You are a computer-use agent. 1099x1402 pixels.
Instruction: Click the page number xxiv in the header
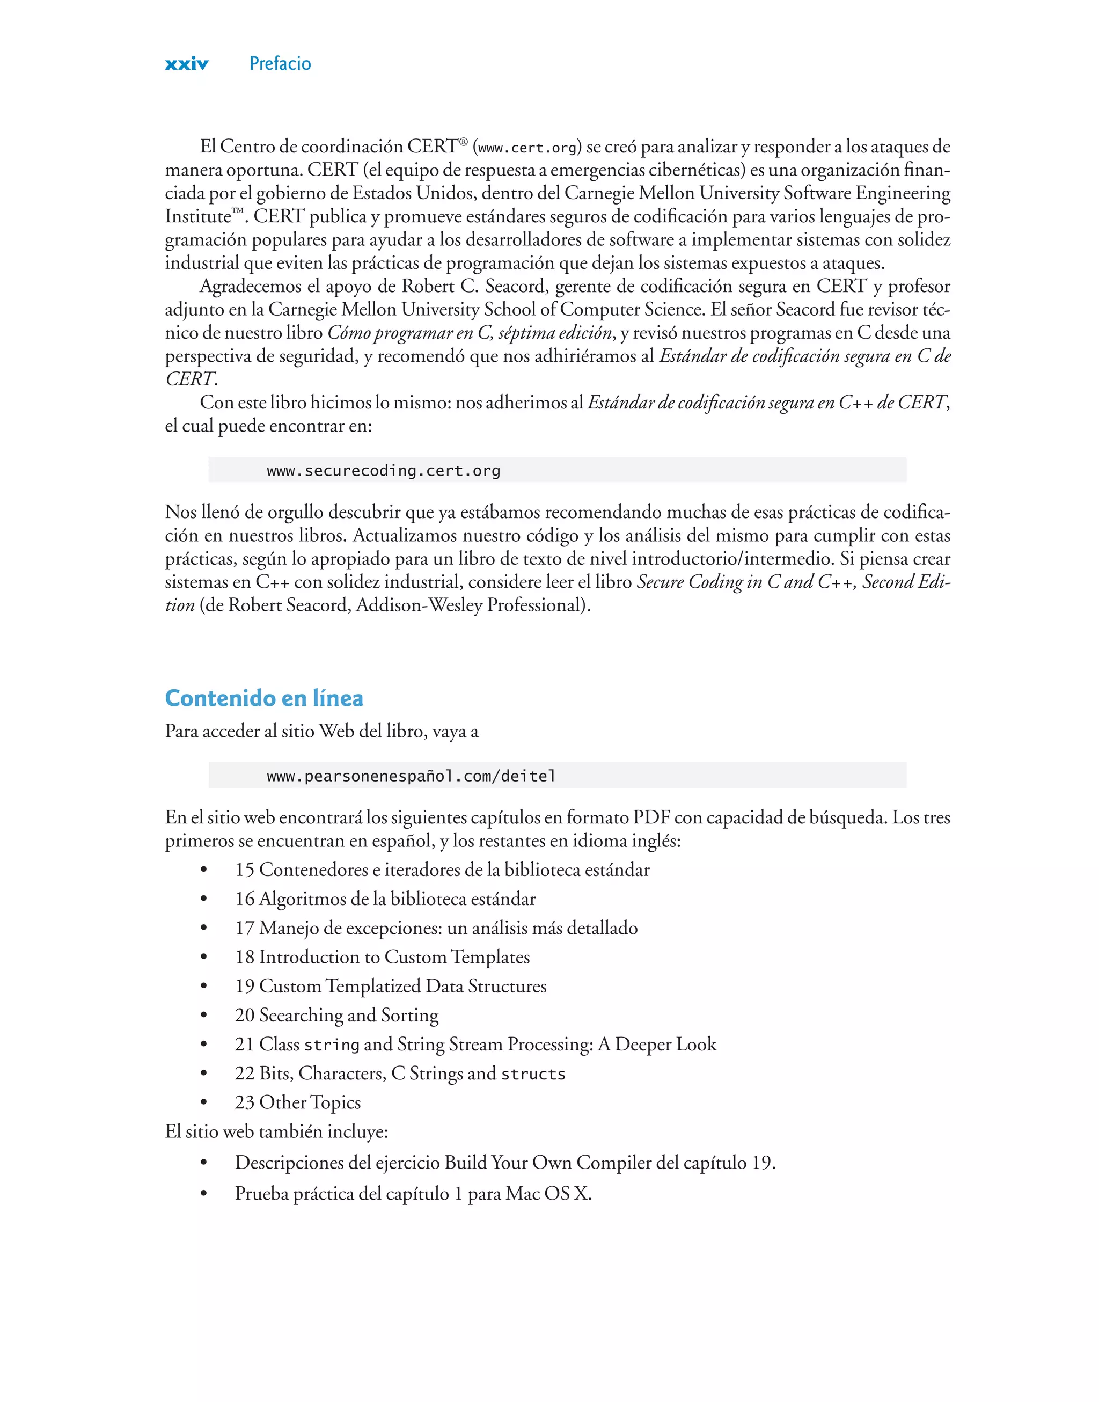click(187, 64)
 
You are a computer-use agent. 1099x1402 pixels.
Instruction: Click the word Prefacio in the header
click(280, 64)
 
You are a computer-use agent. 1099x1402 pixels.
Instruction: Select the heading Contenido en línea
click(264, 698)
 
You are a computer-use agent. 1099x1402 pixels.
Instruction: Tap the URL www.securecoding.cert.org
click(384, 470)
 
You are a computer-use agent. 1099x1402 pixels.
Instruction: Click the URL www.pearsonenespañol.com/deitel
click(411, 776)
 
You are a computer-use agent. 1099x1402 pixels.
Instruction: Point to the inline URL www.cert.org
click(527, 148)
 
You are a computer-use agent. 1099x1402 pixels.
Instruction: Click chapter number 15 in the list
click(245, 870)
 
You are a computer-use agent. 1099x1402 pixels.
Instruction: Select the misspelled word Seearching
click(301, 1016)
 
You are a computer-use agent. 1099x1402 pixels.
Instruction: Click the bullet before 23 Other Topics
click(204, 1103)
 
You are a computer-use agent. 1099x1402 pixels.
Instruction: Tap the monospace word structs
click(533, 1074)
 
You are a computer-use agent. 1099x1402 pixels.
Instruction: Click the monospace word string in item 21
click(332, 1045)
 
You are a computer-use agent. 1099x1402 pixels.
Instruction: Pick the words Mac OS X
click(548, 1194)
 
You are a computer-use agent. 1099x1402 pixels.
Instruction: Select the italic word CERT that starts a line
click(190, 379)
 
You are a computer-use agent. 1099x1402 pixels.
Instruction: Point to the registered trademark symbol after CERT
click(463, 141)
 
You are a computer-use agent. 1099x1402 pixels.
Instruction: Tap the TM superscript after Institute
click(237, 210)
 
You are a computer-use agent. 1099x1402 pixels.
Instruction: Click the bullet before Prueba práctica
click(204, 1194)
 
